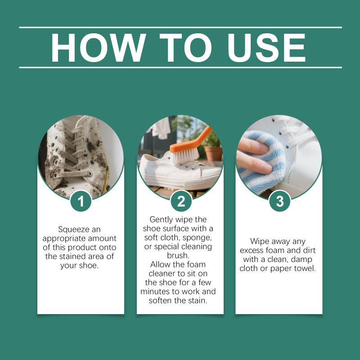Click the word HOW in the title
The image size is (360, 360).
click(x=99, y=48)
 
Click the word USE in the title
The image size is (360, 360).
click(x=266, y=48)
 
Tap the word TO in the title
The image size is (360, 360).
click(x=186, y=48)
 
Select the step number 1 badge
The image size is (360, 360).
click(x=81, y=201)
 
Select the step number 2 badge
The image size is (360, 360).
click(x=181, y=201)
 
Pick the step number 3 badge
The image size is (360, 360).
click(x=280, y=201)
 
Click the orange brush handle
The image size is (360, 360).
click(x=192, y=141)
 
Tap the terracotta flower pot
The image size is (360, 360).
click(x=213, y=153)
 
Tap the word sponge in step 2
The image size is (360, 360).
click(x=197, y=238)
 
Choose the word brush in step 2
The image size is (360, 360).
click(x=178, y=255)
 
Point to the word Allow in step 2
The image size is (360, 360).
click(x=161, y=265)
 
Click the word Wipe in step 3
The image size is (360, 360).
click(x=260, y=242)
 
